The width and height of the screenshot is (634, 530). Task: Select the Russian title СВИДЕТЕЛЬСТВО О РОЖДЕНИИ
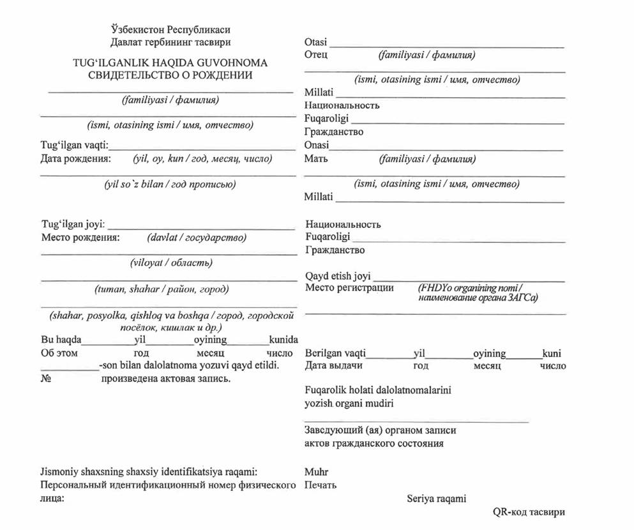coord(170,75)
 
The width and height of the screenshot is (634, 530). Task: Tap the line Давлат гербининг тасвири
coord(170,42)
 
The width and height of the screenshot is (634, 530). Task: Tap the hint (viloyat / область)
coord(170,262)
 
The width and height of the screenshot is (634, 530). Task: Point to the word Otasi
coord(316,42)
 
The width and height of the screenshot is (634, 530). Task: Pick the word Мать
coord(316,158)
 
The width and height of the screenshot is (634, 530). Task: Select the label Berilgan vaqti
coord(336,353)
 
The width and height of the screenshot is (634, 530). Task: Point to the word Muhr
coord(316,473)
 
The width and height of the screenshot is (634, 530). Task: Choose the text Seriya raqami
coord(437,498)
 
